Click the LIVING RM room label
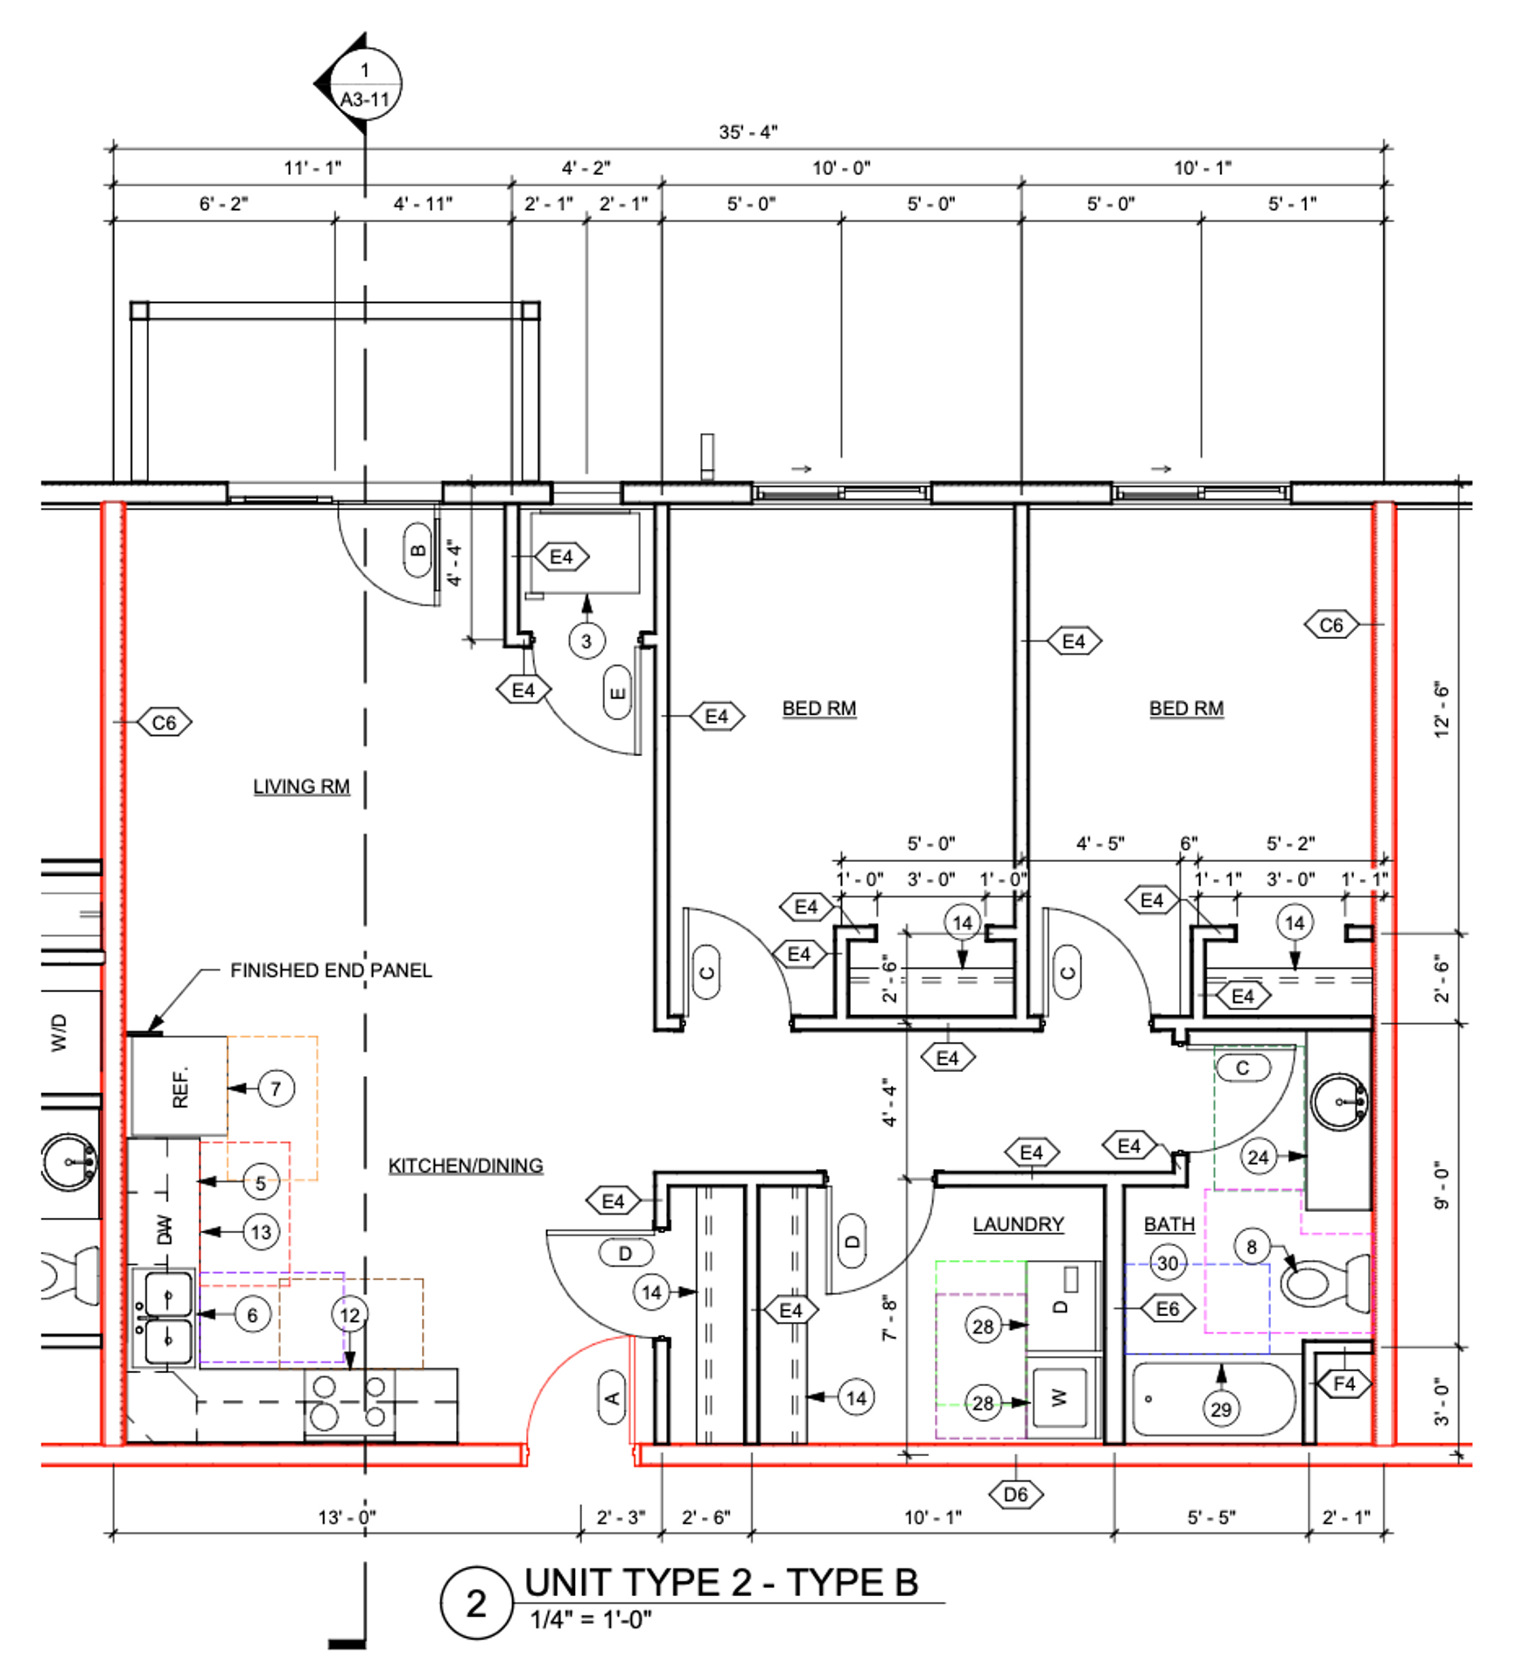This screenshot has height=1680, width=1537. (x=301, y=787)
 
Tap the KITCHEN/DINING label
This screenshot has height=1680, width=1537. (x=466, y=1165)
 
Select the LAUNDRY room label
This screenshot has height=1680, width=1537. (x=1018, y=1224)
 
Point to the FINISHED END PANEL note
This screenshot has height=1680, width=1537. (x=331, y=970)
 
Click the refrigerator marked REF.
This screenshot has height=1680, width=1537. (x=179, y=1087)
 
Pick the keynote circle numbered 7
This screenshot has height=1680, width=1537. (x=277, y=1088)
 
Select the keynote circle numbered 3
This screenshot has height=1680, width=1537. (x=586, y=641)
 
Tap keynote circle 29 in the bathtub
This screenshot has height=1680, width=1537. (x=1221, y=1409)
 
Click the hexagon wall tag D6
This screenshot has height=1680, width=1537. (x=1015, y=1494)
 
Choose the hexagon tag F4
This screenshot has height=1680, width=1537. (x=1344, y=1383)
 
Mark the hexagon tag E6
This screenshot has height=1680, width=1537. (x=1168, y=1309)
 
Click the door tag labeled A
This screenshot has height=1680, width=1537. (x=612, y=1398)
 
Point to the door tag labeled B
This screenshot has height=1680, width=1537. (x=418, y=550)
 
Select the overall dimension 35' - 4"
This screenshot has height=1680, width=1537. (x=748, y=132)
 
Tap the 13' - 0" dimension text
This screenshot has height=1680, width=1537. (x=347, y=1516)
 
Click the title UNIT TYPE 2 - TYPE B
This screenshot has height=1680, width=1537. (x=721, y=1582)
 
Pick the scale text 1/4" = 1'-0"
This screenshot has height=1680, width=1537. (x=591, y=1620)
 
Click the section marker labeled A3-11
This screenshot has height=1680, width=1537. (x=359, y=84)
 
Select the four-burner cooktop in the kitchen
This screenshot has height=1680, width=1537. (x=349, y=1402)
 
